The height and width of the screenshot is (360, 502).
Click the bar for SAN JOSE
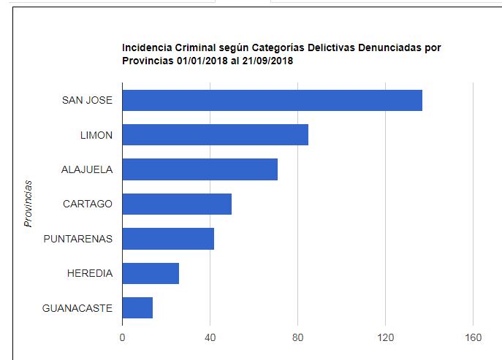pyautogui.click(x=272, y=100)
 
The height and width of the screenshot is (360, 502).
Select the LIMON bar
pyautogui.click(x=215, y=135)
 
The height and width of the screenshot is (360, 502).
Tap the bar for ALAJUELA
pyautogui.click(x=199, y=169)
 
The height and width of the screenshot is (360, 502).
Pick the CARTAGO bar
pyautogui.click(x=177, y=204)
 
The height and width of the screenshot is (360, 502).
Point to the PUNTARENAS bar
pyautogui.click(x=168, y=239)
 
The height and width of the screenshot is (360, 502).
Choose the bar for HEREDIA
pyautogui.click(x=151, y=273)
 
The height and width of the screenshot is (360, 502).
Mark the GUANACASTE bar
pyautogui.click(x=137, y=308)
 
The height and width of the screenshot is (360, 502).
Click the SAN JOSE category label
pyautogui.click(x=87, y=100)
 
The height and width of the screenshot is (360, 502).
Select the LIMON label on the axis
pyautogui.click(x=96, y=135)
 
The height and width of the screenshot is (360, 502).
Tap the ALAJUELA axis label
pyautogui.click(x=87, y=169)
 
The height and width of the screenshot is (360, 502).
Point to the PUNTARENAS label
pyautogui.click(x=78, y=239)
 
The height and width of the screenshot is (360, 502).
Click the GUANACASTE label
pyautogui.click(x=77, y=308)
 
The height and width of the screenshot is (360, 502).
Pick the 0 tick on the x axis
pyautogui.click(x=123, y=337)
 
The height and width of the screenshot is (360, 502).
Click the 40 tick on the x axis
pyautogui.click(x=210, y=337)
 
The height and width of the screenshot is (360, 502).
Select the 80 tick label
pyautogui.click(x=298, y=337)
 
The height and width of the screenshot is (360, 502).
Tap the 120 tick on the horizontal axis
pyautogui.click(x=386, y=337)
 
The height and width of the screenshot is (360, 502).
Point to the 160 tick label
pyautogui.click(x=474, y=337)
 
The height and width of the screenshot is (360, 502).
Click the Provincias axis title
pyautogui.click(x=28, y=203)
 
